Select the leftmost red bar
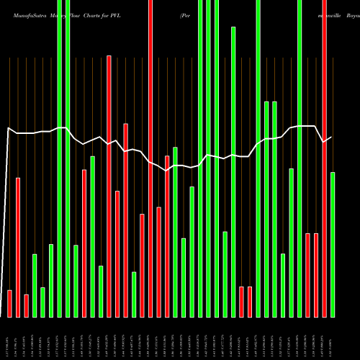[9, 303]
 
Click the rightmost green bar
[333, 245]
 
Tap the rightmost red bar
[324, 158]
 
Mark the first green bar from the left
[35, 285]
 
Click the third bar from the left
[26, 305]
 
